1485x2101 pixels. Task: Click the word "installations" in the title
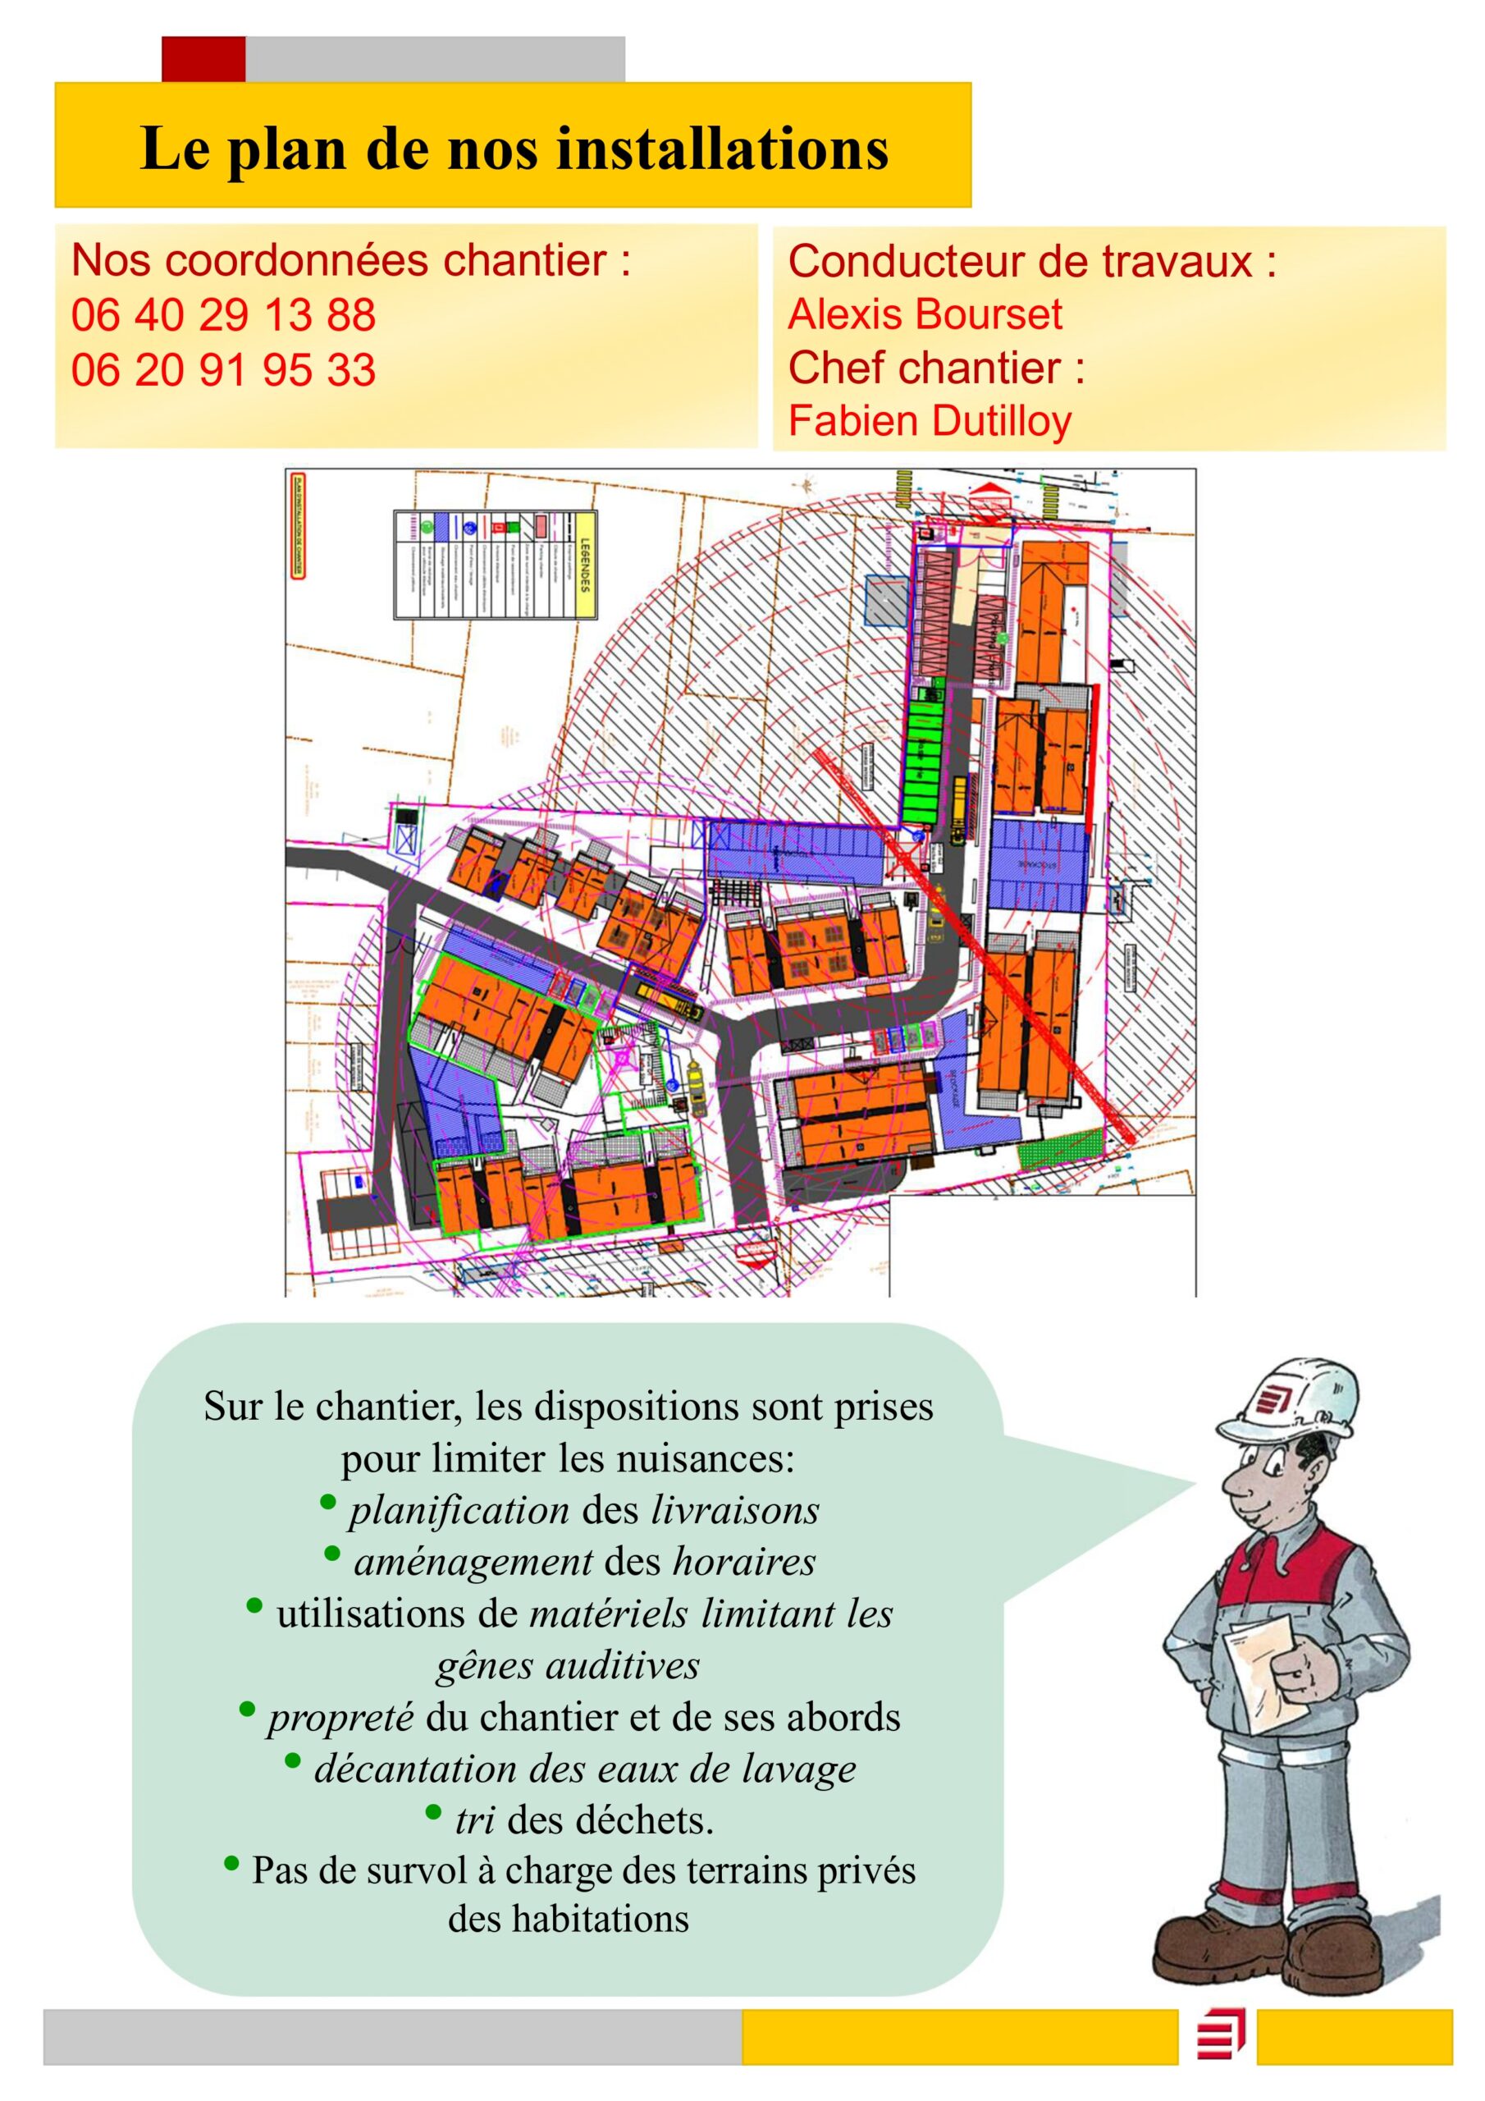(x=723, y=149)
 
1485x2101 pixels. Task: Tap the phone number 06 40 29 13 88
(x=223, y=315)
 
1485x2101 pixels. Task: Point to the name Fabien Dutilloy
(x=930, y=421)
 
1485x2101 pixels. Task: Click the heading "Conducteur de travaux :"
(x=1031, y=262)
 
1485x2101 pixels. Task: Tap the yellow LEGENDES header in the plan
(x=585, y=565)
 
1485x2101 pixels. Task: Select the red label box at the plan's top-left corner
(x=296, y=525)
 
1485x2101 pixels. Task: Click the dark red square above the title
(x=203, y=59)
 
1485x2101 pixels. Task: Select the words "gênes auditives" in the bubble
(x=567, y=1665)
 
